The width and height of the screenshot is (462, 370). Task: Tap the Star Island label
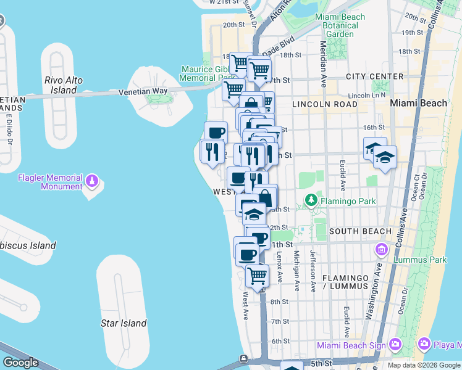[x=124, y=323]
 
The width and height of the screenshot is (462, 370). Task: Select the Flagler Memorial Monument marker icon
[x=92, y=181]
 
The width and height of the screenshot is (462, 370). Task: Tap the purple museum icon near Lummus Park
[x=380, y=250]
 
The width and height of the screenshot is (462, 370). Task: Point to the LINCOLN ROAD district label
[x=325, y=104]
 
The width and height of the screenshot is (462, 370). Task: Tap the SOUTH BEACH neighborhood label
[x=360, y=231]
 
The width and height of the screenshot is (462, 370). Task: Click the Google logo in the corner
[x=20, y=363]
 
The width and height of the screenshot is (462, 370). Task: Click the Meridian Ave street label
[x=323, y=55]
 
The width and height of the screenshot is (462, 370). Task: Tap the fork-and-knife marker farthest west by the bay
[x=212, y=150]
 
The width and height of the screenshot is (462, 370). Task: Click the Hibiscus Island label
[x=28, y=245]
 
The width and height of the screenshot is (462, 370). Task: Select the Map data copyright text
[x=424, y=365]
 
